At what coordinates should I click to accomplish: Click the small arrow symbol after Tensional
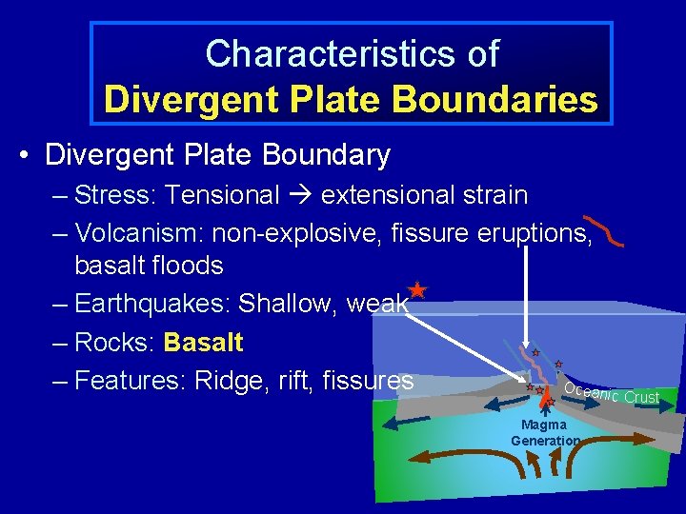click(x=300, y=196)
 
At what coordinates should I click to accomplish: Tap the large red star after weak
click(x=416, y=291)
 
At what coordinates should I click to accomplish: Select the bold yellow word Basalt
click(x=203, y=342)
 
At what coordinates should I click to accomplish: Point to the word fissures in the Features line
click(x=368, y=381)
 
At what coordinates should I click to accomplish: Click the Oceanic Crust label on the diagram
click(x=611, y=392)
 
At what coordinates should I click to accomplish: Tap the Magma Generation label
click(x=544, y=432)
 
